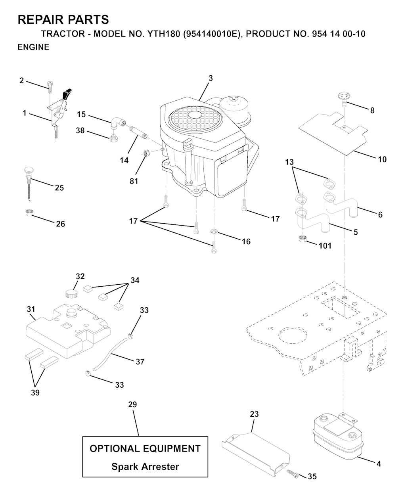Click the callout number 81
pyautogui.click(x=134, y=181)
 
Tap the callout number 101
pyautogui.click(x=325, y=246)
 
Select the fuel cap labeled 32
pyautogui.click(x=71, y=294)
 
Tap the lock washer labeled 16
pyautogui.click(x=214, y=232)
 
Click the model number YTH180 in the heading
pyautogui.click(x=163, y=34)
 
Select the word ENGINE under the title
pyautogui.click(x=33, y=47)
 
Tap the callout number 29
pyautogui.click(x=132, y=404)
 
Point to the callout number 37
pyautogui.click(x=140, y=362)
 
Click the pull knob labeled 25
pyautogui.click(x=29, y=184)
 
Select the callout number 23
pyautogui.click(x=254, y=414)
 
